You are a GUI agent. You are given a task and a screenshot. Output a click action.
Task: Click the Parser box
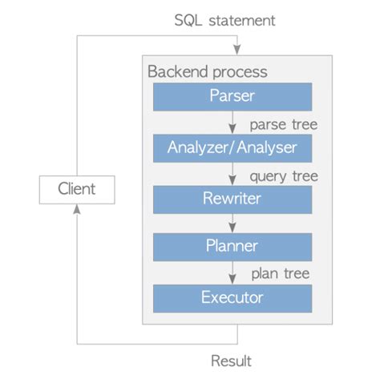coord(232,97)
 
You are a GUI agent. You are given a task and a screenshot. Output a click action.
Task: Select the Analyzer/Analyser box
coord(232,147)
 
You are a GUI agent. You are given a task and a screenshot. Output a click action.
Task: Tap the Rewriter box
coord(232,197)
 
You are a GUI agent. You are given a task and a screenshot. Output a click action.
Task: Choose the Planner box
coord(232,247)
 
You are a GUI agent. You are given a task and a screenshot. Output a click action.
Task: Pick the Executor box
coord(232,297)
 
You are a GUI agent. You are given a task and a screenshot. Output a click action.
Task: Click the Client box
coord(77,189)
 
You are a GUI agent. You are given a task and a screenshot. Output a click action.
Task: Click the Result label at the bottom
coord(231,361)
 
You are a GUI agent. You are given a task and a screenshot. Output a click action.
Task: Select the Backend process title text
coord(207,71)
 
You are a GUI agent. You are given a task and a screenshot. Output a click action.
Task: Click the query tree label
coord(283,175)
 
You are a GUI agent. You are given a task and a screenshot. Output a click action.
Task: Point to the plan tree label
coord(281,274)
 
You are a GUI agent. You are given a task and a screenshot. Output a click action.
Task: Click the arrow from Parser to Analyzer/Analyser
coord(232,123)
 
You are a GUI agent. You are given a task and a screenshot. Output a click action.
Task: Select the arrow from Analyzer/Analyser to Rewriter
coord(232,173)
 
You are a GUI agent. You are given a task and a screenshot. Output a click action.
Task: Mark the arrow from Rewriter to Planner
coord(232,223)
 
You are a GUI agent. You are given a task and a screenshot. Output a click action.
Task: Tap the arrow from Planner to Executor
coord(232,272)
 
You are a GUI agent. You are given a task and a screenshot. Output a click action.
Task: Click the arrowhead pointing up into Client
coord(77,208)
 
